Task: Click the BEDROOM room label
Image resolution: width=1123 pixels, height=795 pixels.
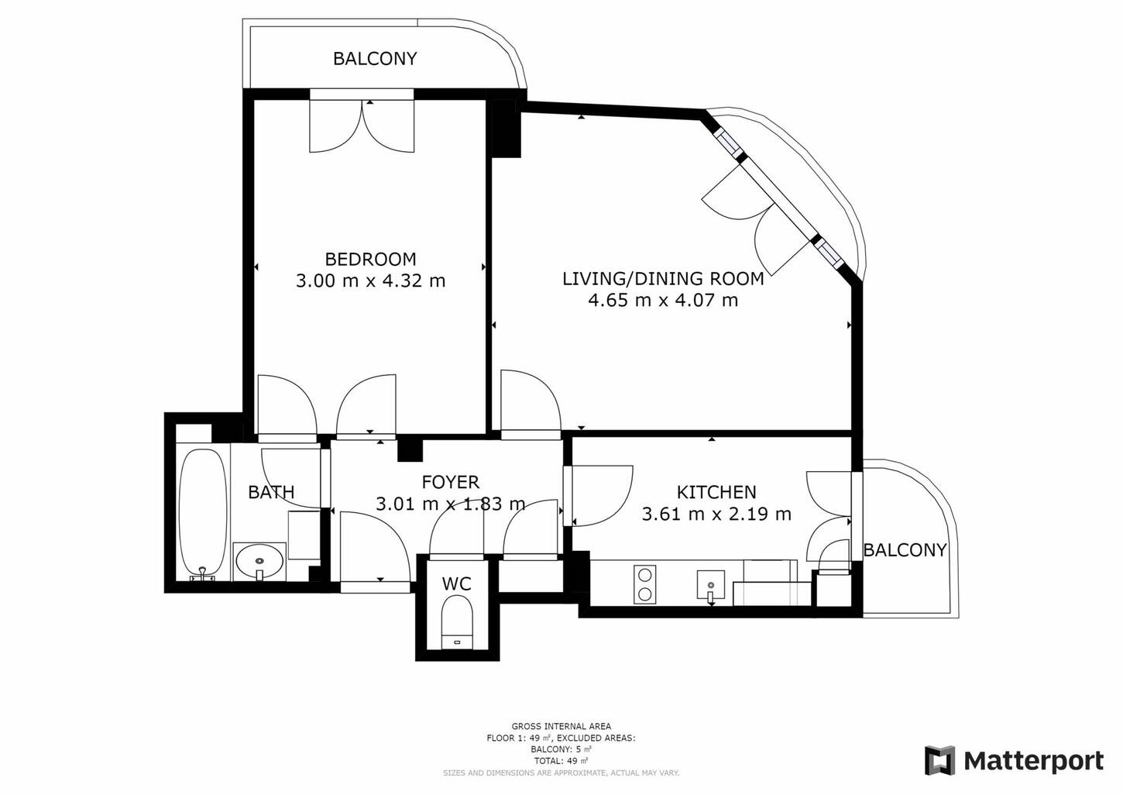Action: click(x=370, y=259)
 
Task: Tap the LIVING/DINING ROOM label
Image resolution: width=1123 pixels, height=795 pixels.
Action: click(x=663, y=278)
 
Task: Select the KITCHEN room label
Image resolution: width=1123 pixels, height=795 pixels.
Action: click(x=716, y=492)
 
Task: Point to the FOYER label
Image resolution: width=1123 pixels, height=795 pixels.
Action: click(x=450, y=482)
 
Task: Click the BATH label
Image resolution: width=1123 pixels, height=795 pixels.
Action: click(x=271, y=492)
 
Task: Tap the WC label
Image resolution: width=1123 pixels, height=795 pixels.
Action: click(x=457, y=583)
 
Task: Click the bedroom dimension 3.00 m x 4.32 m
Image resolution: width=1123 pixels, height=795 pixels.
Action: click(x=370, y=280)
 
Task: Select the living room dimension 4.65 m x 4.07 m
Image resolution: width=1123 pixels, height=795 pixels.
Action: click(x=663, y=300)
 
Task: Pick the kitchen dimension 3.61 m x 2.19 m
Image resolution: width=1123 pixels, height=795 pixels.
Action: click(x=716, y=514)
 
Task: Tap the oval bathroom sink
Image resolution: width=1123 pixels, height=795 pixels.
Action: click(x=259, y=561)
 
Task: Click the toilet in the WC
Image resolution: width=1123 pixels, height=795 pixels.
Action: click(x=457, y=622)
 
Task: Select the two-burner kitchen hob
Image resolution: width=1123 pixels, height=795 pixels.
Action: click(x=644, y=584)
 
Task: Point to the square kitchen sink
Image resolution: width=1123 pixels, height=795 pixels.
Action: click(x=710, y=585)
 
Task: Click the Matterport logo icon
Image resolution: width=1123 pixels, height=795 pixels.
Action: click(x=939, y=760)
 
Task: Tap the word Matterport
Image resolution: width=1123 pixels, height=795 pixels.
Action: click(x=1034, y=761)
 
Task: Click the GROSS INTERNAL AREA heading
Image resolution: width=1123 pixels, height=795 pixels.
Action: click(x=561, y=726)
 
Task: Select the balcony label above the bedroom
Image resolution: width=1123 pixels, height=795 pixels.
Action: click(x=375, y=59)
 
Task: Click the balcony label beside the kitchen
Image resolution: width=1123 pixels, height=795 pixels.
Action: click(x=905, y=550)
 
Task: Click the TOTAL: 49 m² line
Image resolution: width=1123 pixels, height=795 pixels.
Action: click(x=561, y=761)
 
